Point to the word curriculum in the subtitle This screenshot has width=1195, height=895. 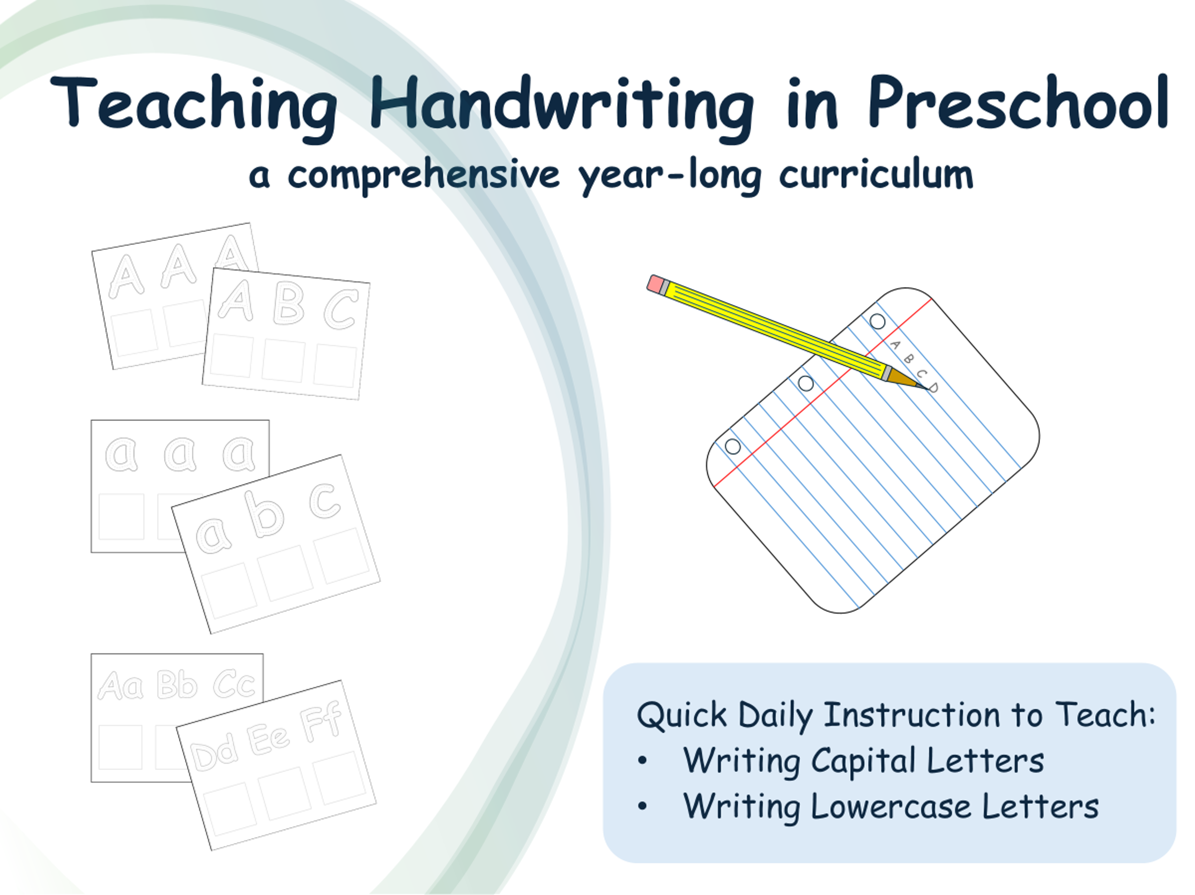(x=875, y=175)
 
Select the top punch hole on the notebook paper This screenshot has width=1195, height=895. (x=877, y=322)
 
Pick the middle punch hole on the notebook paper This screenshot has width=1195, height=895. (x=805, y=383)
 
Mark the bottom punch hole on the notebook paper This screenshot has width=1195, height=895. (x=732, y=446)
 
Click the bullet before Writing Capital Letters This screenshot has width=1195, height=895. (x=642, y=761)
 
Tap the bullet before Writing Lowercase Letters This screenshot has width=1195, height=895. (x=642, y=807)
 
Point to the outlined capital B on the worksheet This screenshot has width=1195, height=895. (x=288, y=303)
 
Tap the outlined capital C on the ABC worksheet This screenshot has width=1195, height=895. (x=341, y=309)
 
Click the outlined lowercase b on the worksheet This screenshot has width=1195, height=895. (x=264, y=514)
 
